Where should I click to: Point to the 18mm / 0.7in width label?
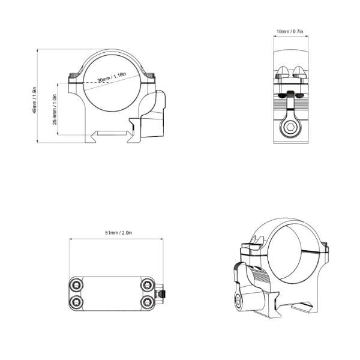(x=290, y=30)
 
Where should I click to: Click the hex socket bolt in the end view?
(x=291, y=128)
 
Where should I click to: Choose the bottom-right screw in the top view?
(x=148, y=301)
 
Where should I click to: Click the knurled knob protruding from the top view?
(x=164, y=294)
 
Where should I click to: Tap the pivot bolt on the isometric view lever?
(x=239, y=302)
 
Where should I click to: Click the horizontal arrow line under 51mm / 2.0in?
(x=116, y=238)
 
